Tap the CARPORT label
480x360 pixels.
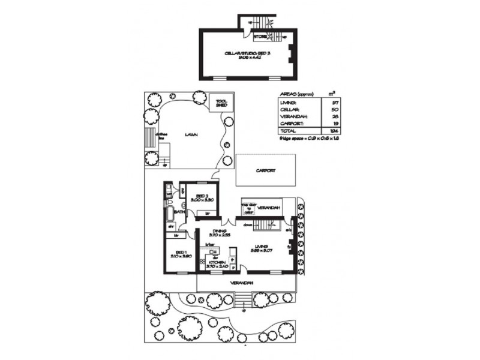(265, 170)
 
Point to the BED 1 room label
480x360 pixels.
(179, 253)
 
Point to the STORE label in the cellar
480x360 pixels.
(260, 37)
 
